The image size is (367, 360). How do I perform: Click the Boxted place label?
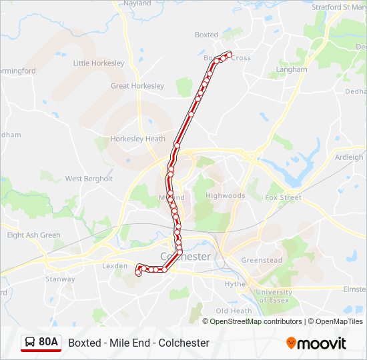click(206, 35)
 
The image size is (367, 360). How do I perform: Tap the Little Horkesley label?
click(99, 63)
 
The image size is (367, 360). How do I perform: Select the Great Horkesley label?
click(137, 86)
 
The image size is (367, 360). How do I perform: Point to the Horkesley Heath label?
click(137, 139)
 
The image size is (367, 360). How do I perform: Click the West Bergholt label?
click(89, 179)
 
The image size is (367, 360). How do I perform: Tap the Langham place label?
click(291, 69)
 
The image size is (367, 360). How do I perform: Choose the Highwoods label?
click(225, 196)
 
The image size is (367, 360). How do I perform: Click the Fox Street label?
click(283, 198)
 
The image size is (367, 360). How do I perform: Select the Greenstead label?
click(262, 260)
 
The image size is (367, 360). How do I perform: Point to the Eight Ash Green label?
click(33, 235)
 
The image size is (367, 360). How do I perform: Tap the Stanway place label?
click(60, 279)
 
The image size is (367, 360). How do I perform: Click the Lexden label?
click(115, 265)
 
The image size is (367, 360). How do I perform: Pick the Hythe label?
click(235, 283)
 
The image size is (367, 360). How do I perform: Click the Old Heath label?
click(234, 311)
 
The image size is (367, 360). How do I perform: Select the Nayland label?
click(137, 3)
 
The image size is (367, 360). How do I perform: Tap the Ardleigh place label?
click(349, 157)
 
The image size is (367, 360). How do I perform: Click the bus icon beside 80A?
click(29, 343)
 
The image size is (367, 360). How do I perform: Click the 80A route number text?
click(49, 343)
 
